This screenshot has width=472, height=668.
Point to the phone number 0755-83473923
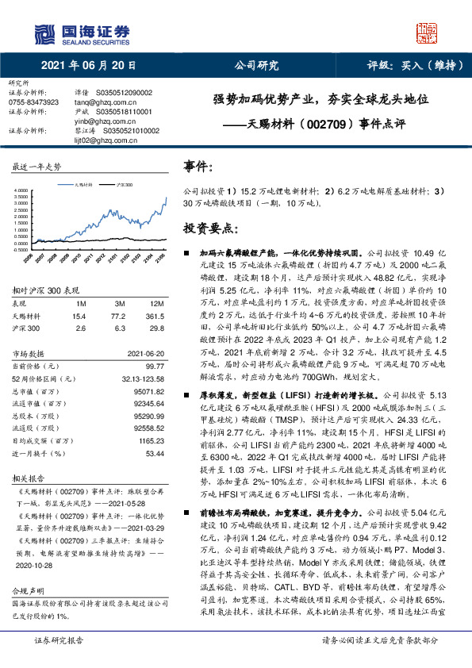(33, 102)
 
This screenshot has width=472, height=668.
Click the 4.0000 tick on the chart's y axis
(21, 192)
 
